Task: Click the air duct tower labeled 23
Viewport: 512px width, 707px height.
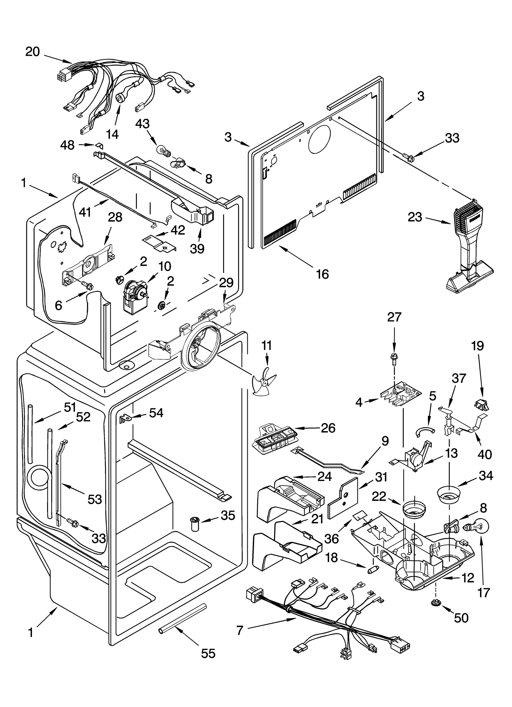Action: click(469, 250)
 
